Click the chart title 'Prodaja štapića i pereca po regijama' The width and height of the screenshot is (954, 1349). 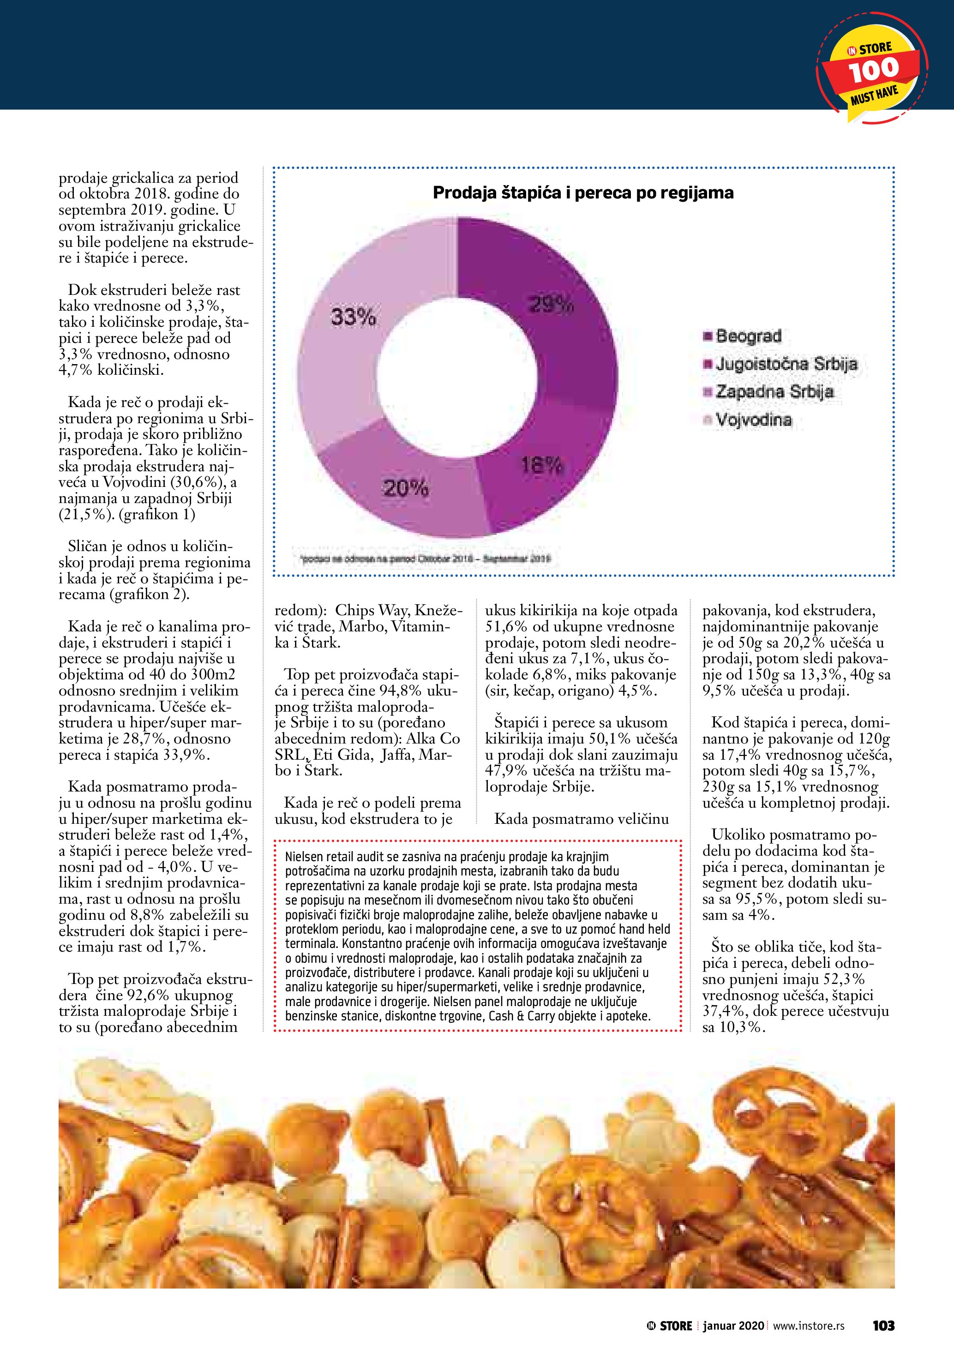click(x=583, y=193)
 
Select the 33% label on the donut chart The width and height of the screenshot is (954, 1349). click(x=353, y=317)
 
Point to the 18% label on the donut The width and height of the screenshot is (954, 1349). click(x=542, y=466)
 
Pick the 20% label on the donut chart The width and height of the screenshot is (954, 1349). click(x=405, y=488)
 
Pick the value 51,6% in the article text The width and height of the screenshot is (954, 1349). click(x=505, y=626)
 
